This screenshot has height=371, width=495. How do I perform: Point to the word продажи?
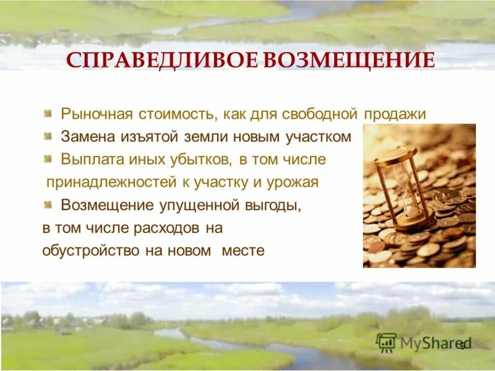tap(396, 114)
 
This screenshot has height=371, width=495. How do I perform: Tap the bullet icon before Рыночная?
tap(48, 114)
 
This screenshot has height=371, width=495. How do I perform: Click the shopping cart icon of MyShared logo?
tap(386, 343)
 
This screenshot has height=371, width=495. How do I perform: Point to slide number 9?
tap(462, 345)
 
